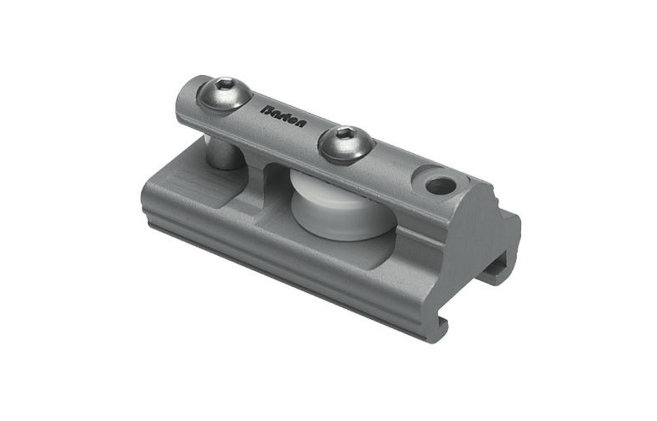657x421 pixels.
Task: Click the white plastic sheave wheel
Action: (328, 209)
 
